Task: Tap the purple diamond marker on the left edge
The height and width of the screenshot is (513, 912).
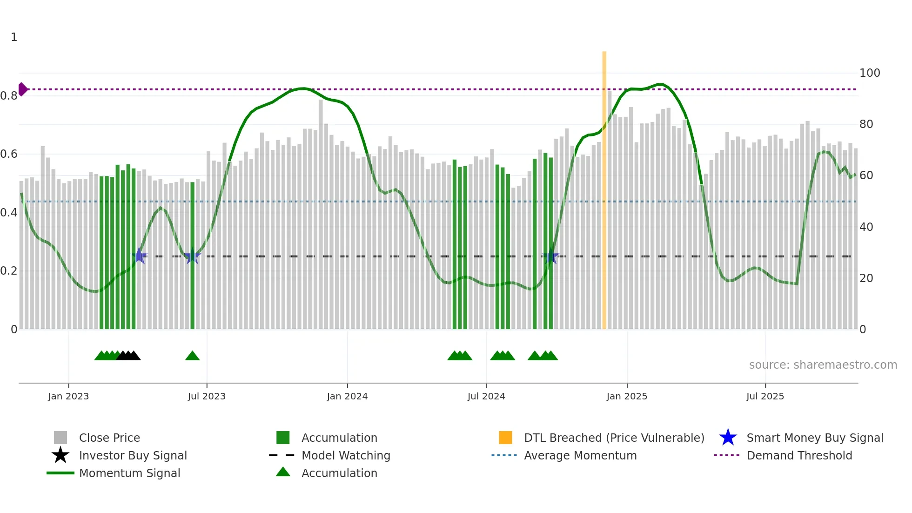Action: coord(22,89)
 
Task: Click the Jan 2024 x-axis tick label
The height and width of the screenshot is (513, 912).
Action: coord(347,396)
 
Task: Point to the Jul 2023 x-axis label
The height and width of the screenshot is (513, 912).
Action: coord(207,396)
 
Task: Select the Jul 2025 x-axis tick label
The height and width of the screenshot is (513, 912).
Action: coord(765,396)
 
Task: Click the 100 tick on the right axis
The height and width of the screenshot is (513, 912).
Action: coord(869,73)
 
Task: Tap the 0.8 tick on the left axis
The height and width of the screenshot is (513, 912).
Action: coord(9,96)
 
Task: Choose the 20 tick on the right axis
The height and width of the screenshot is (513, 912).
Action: coord(866,278)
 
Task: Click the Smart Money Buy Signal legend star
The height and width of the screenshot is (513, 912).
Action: coord(728,438)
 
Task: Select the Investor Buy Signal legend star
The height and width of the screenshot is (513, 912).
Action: coord(60,455)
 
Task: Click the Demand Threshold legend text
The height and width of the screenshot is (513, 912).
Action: coord(799,455)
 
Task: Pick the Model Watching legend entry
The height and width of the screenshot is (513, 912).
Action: coord(345,455)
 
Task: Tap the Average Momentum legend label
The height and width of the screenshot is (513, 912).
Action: coord(580,455)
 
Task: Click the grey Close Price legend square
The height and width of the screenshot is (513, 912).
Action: coord(60,438)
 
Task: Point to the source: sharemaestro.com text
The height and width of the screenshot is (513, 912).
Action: coord(823,365)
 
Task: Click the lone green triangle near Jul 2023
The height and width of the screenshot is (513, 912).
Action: coord(192,356)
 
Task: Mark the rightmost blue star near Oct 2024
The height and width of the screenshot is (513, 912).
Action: coord(551,256)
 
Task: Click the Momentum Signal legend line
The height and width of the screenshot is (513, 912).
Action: coord(60,473)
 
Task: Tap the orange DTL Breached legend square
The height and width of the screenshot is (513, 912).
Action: coord(505,438)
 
